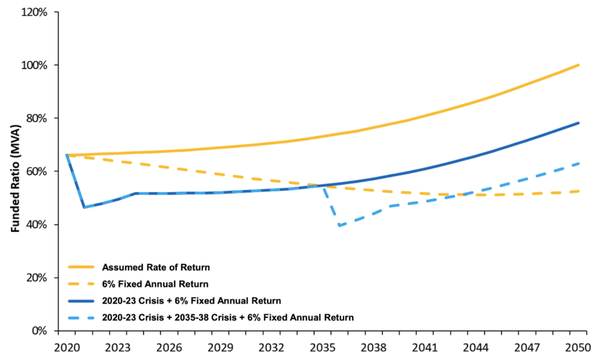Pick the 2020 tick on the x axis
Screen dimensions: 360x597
pyautogui.click(x=67, y=347)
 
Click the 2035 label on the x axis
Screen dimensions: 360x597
pyautogui.click(x=322, y=347)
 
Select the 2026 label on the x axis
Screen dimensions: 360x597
pyautogui.click(x=169, y=347)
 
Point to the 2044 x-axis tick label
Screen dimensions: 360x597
pyautogui.click(x=476, y=347)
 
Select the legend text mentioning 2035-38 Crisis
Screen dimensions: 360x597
pyautogui.click(x=228, y=317)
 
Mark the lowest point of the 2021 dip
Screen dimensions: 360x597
pyautogui.click(x=85, y=207)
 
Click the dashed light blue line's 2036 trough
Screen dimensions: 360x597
pyautogui.click(x=339, y=226)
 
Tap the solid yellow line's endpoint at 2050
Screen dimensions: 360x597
pyautogui.click(x=578, y=65)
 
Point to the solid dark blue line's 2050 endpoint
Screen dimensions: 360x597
pyautogui.click(x=578, y=123)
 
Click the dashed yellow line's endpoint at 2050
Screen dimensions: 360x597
pyautogui.click(x=578, y=191)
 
